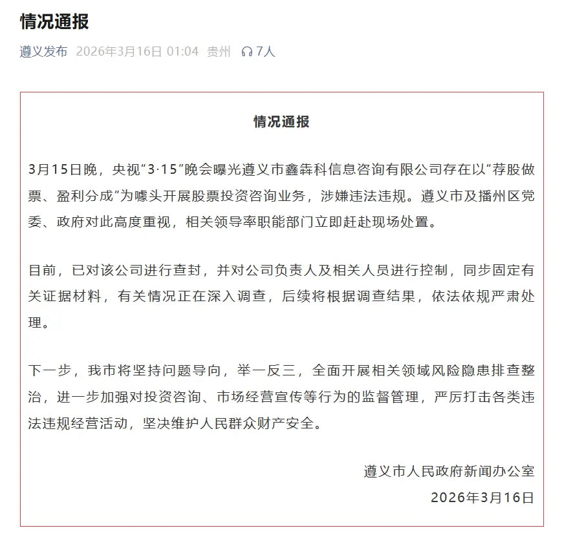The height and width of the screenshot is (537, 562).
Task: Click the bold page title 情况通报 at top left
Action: (54, 22)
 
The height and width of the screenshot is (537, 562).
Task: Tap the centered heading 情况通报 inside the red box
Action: (281, 121)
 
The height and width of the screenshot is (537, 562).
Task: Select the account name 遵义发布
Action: (43, 52)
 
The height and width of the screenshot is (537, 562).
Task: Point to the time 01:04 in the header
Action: (183, 52)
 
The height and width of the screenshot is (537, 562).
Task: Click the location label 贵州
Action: (219, 52)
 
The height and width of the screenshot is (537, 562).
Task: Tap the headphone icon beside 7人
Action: (246, 52)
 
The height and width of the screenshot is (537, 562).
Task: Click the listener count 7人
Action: (266, 52)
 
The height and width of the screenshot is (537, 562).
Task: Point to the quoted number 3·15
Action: (161, 170)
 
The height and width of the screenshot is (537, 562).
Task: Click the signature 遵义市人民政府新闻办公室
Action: (449, 471)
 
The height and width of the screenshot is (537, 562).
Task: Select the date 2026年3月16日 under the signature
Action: (482, 497)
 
